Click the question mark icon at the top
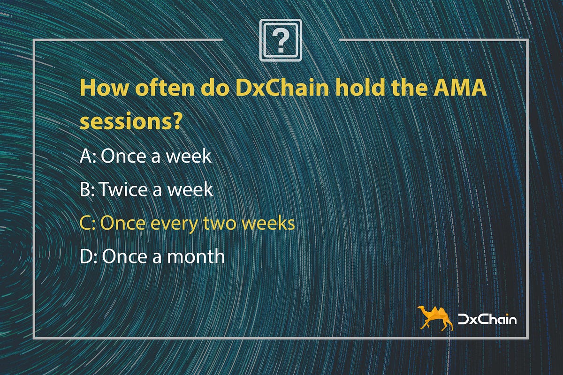[281, 40]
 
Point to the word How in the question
[104, 88]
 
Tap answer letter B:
[87, 189]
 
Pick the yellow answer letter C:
[87, 223]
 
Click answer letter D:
[89, 256]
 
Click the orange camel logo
[435, 318]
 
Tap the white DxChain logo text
[487, 319]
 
